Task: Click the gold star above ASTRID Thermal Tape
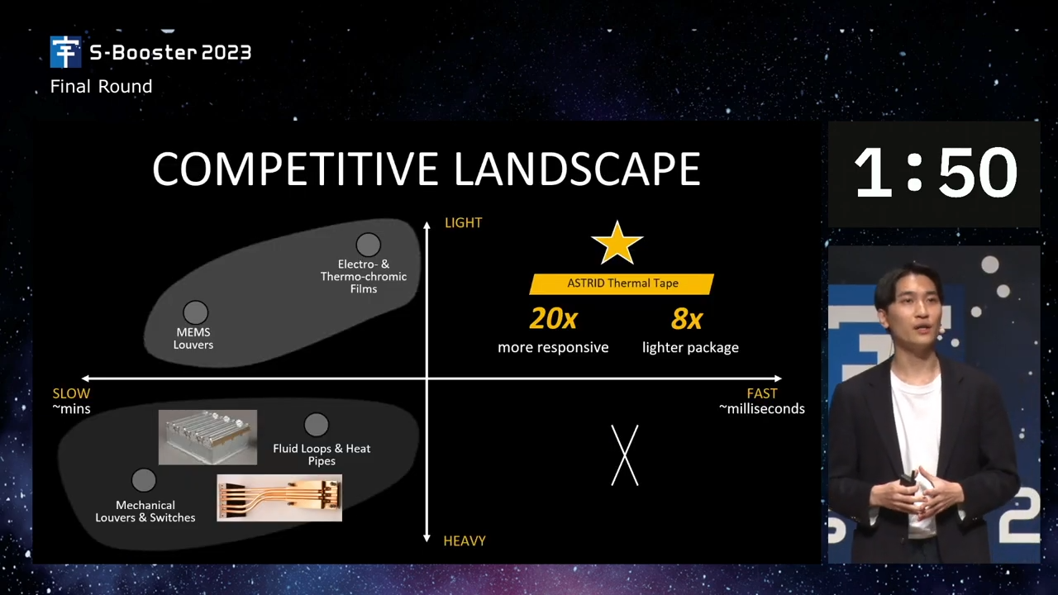point(617,244)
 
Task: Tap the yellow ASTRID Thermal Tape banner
point(622,283)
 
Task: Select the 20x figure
point(553,319)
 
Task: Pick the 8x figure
point(687,319)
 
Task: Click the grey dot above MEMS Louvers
point(196,312)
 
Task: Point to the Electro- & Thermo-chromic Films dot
point(368,245)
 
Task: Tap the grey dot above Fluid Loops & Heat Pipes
point(316,425)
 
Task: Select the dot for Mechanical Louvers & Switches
point(144,480)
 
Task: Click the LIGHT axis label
point(464,222)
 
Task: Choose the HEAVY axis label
point(465,540)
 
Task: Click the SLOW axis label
point(71,393)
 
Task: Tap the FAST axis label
point(762,393)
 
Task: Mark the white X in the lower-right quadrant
point(624,455)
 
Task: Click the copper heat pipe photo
point(279,498)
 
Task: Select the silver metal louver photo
point(207,437)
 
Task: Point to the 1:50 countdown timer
point(935,173)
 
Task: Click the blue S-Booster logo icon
point(65,52)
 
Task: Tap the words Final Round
point(101,87)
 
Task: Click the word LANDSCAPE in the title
point(577,169)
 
